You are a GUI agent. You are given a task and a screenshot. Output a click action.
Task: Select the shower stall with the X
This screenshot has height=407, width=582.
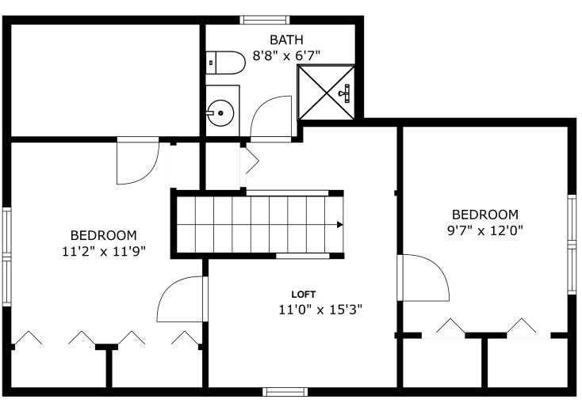coord(326,92)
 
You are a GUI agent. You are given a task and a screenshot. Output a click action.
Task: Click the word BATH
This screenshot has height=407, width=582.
coord(285,40)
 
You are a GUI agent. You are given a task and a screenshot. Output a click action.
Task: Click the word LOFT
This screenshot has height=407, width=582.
coord(304,295)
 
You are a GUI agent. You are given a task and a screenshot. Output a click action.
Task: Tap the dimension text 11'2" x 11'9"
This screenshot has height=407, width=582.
coord(103,251)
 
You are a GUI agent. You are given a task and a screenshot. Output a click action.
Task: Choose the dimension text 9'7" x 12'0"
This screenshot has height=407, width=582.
coord(485,230)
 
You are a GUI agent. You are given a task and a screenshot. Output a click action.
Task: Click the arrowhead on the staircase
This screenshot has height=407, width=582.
coord(339,225)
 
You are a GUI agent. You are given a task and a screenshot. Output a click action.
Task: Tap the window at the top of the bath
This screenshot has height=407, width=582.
coord(264,19)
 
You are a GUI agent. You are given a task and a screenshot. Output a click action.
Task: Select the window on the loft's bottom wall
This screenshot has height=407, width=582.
coord(285,391)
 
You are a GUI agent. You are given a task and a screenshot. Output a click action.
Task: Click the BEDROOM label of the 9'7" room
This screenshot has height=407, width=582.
coord(484,215)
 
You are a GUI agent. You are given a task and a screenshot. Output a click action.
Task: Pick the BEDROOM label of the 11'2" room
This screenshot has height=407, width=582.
coord(103,235)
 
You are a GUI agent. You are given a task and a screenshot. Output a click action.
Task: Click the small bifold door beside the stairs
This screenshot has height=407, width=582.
coord(251,162)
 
